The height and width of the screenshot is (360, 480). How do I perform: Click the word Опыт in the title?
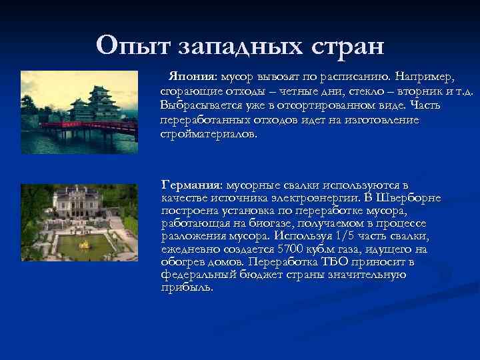134,46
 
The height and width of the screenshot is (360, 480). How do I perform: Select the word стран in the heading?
346,46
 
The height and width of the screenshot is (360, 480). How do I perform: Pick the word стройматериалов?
207,133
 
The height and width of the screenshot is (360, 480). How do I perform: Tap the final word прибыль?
187,287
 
